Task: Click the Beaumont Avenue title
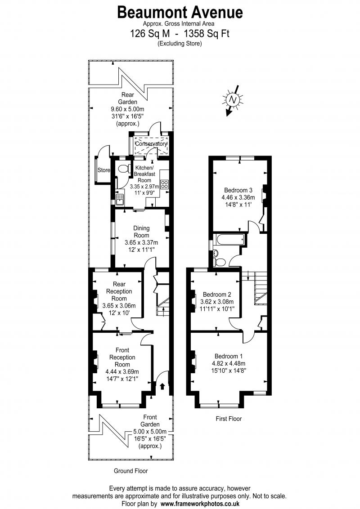tap(180, 12)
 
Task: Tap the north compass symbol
tap(232, 100)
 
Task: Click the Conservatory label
tap(151, 143)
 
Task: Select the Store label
tap(104, 170)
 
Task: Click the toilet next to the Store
tap(123, 169)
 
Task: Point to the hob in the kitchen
tap(164, 184)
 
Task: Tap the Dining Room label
tap(141, 232)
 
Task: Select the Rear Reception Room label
tap(119, 291)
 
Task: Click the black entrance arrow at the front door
tap(162, 386)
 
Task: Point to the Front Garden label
tap(150, 421)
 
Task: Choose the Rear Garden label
tap(127, 98)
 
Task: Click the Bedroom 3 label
tap(238, 190)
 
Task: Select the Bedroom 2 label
tap(217, 295)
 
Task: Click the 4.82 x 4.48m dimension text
tap(229, 364)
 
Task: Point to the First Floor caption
tap(229, 419)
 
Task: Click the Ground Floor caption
tap(130, 471)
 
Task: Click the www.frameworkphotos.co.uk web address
tap(200, 504)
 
